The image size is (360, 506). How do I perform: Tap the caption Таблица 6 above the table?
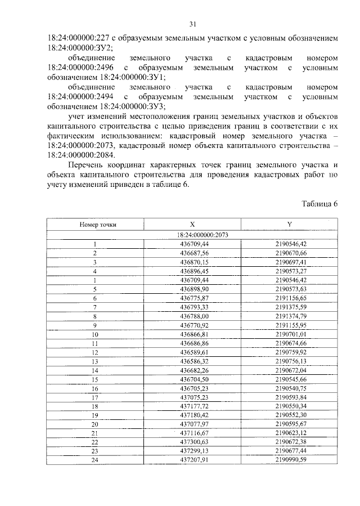pyautogui.click(x=319, y=204)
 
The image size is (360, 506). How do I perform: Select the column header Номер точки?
pyautogui.click(x=95, y=225)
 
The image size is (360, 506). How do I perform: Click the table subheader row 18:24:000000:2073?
pyautogui.click(x=192, y=235)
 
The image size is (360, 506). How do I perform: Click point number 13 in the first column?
pyautogui.click(x=95, y=361)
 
